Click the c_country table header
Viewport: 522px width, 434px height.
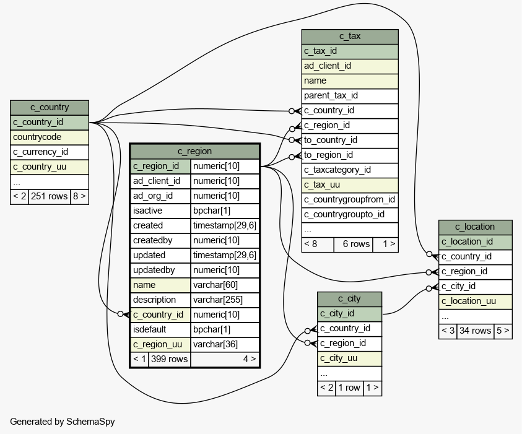[50, 108]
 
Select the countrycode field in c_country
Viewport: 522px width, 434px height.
[50, 137]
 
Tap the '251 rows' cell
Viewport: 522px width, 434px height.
[50, 196]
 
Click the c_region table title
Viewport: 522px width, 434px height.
[195, 152]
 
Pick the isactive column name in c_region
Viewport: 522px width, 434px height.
[160, 210]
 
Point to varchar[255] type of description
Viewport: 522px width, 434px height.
[225, 300]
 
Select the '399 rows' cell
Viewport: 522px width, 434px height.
[170, 359]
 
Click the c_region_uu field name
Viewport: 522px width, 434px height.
[160, 344]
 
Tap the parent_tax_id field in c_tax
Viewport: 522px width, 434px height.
[350, 96]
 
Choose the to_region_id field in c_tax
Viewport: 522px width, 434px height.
[350, 155]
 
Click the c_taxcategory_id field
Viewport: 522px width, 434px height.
[350, 170]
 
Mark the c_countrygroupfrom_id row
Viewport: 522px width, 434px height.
[350, 200]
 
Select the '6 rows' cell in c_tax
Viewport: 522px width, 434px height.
[353, 245]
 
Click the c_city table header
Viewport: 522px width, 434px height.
[350, 299]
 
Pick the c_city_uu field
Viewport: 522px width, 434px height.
[350, 358]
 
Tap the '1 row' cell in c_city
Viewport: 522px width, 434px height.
[350, 388]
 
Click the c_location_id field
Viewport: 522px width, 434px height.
[476, 242]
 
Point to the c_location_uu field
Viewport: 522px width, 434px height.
[476, 302]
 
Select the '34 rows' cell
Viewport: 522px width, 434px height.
[476, 331]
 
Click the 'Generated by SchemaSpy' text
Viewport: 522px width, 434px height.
[63, 422]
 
